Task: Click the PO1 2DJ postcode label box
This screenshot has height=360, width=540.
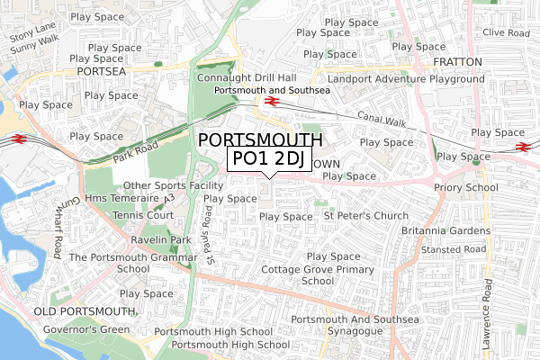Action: coord(267,159)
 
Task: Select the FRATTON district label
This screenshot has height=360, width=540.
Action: coord(459,62)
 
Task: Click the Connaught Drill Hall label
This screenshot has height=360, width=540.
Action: coord(246,78)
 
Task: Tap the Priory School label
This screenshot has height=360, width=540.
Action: coord(465,188)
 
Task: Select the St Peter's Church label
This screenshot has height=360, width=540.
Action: coord(366,216)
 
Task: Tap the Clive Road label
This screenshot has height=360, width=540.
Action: coord(505,31)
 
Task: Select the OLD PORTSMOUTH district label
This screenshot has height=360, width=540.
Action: coord(84,311)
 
